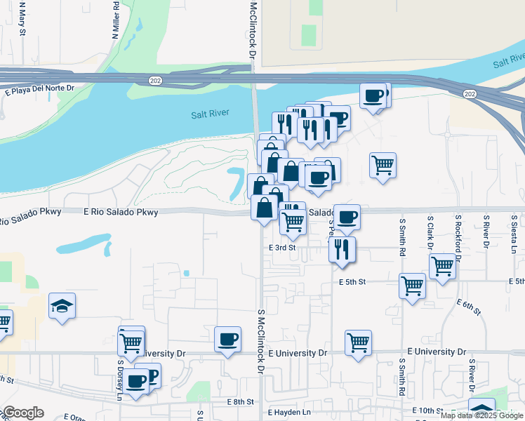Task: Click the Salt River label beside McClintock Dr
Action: [210, 115]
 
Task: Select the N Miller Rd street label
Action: [115, 18]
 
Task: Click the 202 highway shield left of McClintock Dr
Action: [154, 81]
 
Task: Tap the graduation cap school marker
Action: [62, 306]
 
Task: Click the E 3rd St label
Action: [282, 248]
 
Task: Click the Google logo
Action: [24, 413]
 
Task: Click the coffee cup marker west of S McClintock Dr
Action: [227, 340]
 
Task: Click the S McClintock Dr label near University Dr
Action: [260, 340]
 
